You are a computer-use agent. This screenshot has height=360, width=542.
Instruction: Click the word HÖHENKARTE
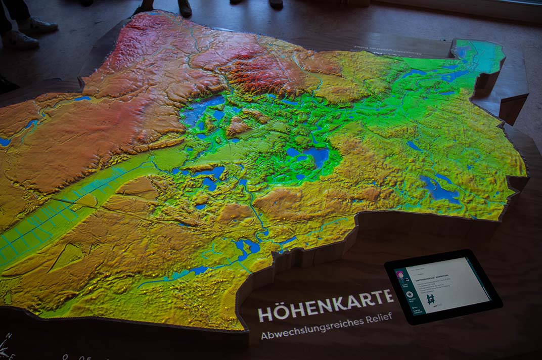(x=326, y=305)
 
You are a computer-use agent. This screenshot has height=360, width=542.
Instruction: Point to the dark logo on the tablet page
(x=431, y=299)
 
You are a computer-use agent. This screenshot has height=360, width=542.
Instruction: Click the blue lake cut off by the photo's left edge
(x=5, y=142)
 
